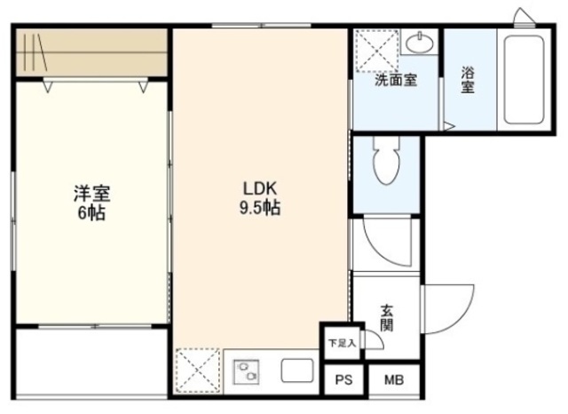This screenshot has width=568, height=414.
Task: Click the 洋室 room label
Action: click(x=91, y=193)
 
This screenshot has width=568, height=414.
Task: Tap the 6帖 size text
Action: click(x=91, y=213)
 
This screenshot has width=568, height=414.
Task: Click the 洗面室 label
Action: click(x=395, y=80)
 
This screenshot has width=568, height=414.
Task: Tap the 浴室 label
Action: click(x=467, y=79)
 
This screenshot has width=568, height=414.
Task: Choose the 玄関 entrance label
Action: click(x=388, y=318)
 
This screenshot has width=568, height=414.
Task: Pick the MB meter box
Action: click(x=393, y=381)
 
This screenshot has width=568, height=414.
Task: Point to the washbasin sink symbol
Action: click(x=417, y=43)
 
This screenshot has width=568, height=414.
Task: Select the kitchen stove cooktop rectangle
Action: click(x=296, y=370)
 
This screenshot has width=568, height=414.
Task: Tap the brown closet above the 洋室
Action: click(x=91, y=52)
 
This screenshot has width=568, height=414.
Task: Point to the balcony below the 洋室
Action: click(x=91, y=360)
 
